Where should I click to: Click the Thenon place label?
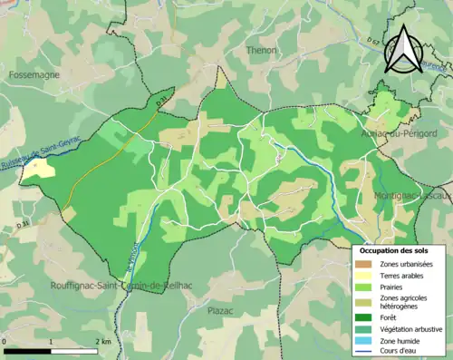[261, 51]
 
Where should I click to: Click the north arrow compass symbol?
[404, 49]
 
